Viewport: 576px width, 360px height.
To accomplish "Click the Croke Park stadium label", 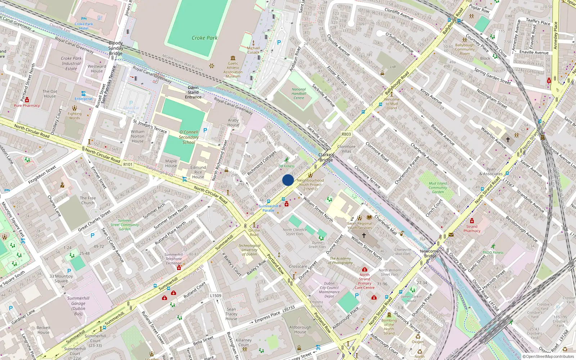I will pyautogui.click(x=204, y=38).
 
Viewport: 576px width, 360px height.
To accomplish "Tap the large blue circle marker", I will pyautogui.click(x=288, y=180).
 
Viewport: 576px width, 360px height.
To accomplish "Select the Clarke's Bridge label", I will pyautogui.click(x=326, y=157).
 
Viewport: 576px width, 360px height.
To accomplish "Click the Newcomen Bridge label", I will pyautogui.click(x=430, y=253).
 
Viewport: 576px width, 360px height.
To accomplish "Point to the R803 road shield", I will pyautogui.click(x=346, y=134).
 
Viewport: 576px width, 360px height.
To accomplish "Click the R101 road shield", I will pyautogui.click(x=128, y=165).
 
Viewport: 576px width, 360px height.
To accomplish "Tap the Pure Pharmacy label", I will pyautogui.click(x=27, y=105).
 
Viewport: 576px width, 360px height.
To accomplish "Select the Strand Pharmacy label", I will pyautogui.click(x=472, y=229).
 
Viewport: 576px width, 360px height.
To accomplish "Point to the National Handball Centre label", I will pyautogui.click(x=299, y=94).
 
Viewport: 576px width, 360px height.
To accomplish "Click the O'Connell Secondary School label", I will pyautogui.click(x=189, y=137).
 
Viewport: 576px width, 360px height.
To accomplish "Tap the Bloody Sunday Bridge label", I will pyautogui.click(x=116, y=48).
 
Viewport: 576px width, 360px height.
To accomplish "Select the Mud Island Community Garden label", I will pyautogui.click(x=438, y=188).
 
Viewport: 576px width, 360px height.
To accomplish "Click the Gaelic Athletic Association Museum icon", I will pyautogui.click(x=233, y=58).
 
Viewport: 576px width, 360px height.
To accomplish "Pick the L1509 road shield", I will pyautogui.click(x=216, y=296).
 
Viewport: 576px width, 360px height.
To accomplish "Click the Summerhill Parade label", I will pyautogui.click(x=269, y=208).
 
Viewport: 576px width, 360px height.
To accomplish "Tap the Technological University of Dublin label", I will pyautogui.click(x=249, y=250).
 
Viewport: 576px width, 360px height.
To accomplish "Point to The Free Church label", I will pyautogui.click(x=88, y=200).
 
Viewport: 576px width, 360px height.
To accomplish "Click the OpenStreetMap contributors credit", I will pyautogui.click(x=548, y=356).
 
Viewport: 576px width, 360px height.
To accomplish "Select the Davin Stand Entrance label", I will pyautogui.click(x=193, y=92).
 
